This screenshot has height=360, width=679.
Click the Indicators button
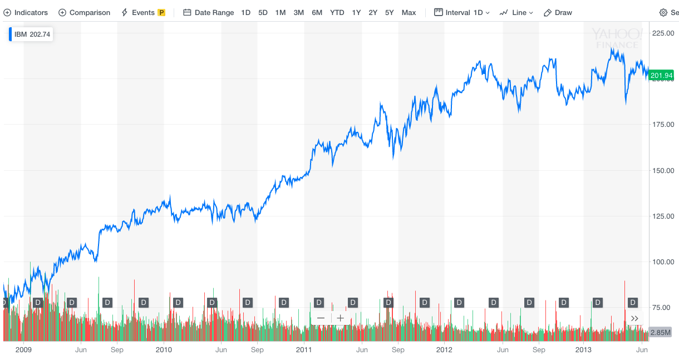pyautogui.click(x=26, y=12)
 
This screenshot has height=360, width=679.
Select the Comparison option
pyautogui.click(x=85, y=12)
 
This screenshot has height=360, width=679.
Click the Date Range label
pyautogui.click(x=209, y=12)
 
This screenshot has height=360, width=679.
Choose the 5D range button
pyautogui.click(x=263, y=12)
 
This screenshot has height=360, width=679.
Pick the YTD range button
pyautogui.click(x=337, y=12)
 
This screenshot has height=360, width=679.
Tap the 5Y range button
pyautogui.click(x=390, y=12)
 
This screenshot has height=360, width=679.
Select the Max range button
pyautogui.click(x=409, y=12)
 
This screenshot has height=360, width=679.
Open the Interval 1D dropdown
pyautogui.click(x=462, y=12)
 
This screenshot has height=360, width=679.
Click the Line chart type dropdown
pyautogui.click(x=516, y=12)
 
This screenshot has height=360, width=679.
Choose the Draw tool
pyautogui.click(x=558, y=12)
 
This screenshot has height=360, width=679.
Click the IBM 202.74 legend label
pyautogui.click(x=32, y=34)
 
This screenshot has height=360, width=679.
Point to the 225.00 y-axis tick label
pyautogui.click(x=662, y=33)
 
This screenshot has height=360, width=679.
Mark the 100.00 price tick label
pyautogui.click(x=662, y=262)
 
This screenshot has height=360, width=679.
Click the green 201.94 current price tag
pyautogui.click(x=661, y=75)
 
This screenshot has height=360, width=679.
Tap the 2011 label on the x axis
pyautogui.click(x=304, y=350)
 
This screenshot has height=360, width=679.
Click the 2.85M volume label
pyautogui.click(x=661, y=332)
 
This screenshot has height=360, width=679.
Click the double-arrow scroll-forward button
pyautogui.click(x=634, y=318)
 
